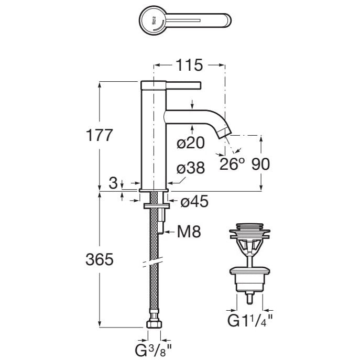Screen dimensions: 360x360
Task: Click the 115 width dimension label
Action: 189,65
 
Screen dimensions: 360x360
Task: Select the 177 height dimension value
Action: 99,135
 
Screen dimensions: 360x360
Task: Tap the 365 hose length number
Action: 100,259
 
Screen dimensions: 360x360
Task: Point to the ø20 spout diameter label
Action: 191,143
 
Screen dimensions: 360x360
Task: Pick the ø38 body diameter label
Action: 191,168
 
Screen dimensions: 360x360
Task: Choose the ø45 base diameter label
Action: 194,201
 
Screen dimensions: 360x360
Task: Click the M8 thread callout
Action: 189,232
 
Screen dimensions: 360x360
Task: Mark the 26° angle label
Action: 232,163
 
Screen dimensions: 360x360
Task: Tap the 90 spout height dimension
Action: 260,164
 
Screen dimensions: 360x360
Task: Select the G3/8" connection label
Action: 153,351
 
